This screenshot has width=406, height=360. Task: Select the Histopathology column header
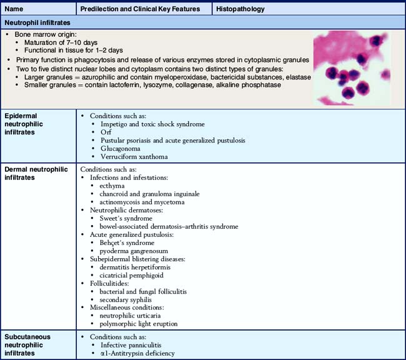click(x=241, y=9)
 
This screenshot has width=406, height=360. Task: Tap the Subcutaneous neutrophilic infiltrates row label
click(x=32, y=344)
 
